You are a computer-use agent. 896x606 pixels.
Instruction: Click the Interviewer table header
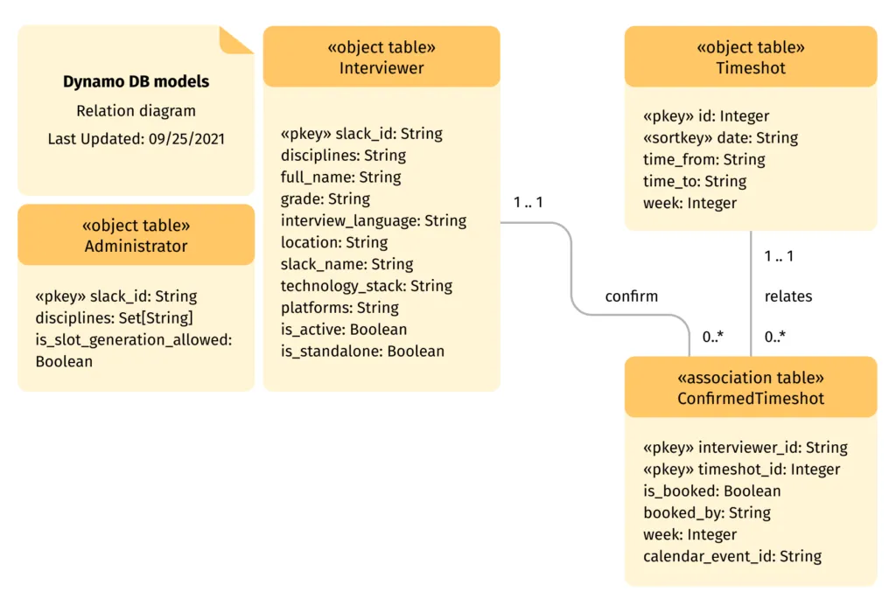pos(381,57)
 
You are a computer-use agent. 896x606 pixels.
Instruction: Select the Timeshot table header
pos(751,57)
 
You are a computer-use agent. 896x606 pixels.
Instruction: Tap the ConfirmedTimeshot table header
pos(751,387)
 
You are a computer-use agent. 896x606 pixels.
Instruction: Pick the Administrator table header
pos(136,235)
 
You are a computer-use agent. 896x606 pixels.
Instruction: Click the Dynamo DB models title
pos(136,82)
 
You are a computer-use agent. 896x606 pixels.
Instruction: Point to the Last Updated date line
pos(136,139)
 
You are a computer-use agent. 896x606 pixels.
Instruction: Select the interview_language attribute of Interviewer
pos(374,220)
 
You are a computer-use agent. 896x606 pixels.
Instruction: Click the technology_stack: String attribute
pos(367,286)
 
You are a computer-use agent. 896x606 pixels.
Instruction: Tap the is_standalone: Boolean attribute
pos(362,352)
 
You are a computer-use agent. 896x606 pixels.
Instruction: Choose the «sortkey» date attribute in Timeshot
pos(720,138)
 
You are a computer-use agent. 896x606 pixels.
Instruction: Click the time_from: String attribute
pos(704,160)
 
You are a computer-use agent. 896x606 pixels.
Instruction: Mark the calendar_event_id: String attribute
pos(732,556)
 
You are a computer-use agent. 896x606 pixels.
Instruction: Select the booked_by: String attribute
pos(707,512)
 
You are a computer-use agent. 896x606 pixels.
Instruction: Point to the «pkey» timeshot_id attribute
pos(741,470)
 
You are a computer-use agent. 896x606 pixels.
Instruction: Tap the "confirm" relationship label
pos(632,296)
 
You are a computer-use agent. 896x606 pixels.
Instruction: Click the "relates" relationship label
pos(788,296)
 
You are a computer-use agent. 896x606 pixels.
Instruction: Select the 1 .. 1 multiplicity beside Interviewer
pos(528,203)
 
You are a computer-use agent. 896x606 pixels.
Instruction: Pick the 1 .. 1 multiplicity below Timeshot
pos(779,257)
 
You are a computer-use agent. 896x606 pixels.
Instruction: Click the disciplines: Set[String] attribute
pos(115,317)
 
